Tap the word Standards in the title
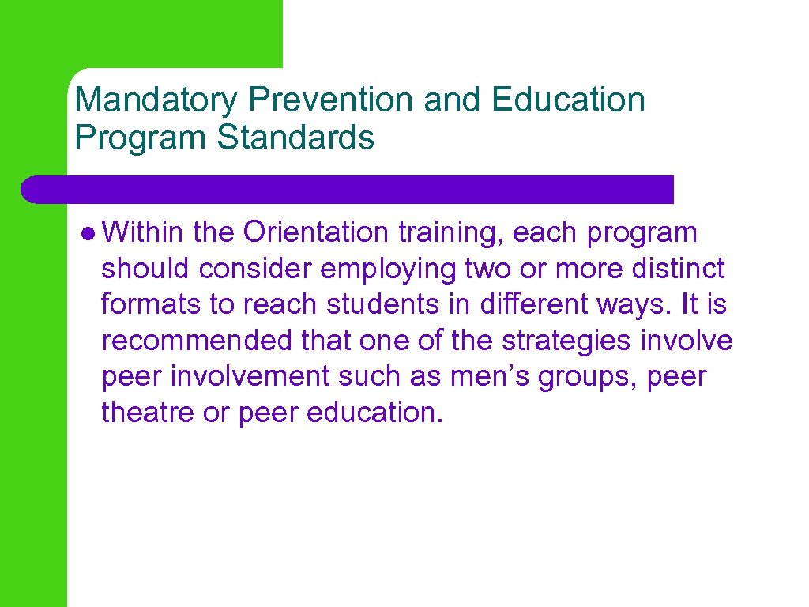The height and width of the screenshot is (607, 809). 295,138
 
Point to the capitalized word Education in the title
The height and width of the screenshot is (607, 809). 567,100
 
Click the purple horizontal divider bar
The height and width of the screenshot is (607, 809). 348,190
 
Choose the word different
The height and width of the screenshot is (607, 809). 495,305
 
